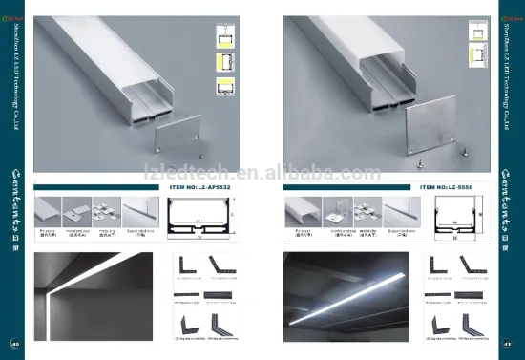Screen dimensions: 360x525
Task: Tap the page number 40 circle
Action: tap(15, 344)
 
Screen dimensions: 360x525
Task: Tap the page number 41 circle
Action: tap(508, 344)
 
